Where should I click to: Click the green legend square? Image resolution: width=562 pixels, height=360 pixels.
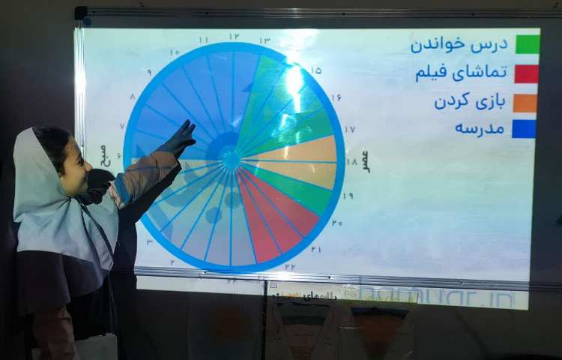tap(527, 44)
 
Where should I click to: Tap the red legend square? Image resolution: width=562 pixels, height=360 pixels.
tap(527, 73)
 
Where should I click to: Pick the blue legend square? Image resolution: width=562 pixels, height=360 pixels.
tap(525, 129)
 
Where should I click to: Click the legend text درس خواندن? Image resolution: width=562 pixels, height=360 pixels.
tap(459, 44)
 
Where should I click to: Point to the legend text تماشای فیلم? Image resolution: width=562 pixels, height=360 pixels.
tap(461, 73)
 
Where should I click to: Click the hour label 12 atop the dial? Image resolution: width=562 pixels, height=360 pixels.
tap(234, 36)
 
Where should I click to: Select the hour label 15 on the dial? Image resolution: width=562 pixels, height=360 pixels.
tap(316, 70)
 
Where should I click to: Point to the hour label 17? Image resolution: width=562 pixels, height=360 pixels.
tap(350, 129)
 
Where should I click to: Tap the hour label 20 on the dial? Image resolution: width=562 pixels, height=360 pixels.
tap(337, 223)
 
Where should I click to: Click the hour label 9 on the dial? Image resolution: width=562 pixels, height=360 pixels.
tap(148, 73)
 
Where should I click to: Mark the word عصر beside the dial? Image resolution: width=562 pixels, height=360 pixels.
tap(365, 160)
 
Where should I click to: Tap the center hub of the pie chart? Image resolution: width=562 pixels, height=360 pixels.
tap(232, 160)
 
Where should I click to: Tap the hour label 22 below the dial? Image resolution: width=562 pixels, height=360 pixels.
tap(289, 266)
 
